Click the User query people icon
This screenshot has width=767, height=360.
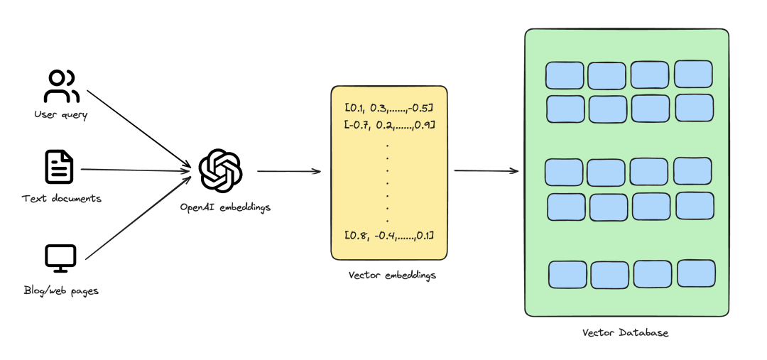tap(60, 86)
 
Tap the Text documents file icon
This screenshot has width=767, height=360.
tap(59, 167)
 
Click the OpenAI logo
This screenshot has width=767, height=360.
tap(221, 170)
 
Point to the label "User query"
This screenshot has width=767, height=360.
tap(60, 115)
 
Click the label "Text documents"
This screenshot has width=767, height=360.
tap(62, 199)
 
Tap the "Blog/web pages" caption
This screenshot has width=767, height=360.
tap(61, 290)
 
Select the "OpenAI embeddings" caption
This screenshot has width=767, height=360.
tap(225, 207)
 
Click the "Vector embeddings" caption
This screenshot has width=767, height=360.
tap(392, 276)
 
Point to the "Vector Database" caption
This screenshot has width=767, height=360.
tap(625, 333)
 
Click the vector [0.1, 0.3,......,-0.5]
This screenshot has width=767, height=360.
tap(389, 108)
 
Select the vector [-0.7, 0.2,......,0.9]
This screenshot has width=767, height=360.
tap(389, 125)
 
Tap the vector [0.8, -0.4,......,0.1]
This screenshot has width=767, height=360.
tap(389, 236)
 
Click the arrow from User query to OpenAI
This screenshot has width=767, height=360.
tap(138, 129)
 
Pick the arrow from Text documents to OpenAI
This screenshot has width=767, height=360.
tap(136, 170)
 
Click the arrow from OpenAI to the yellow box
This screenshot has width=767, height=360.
tap(289, 171)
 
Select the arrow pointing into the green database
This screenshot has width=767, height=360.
tap(486, 170)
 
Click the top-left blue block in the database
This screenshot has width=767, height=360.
tap(565, 75)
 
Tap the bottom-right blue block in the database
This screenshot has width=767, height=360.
tap(696, 273)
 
